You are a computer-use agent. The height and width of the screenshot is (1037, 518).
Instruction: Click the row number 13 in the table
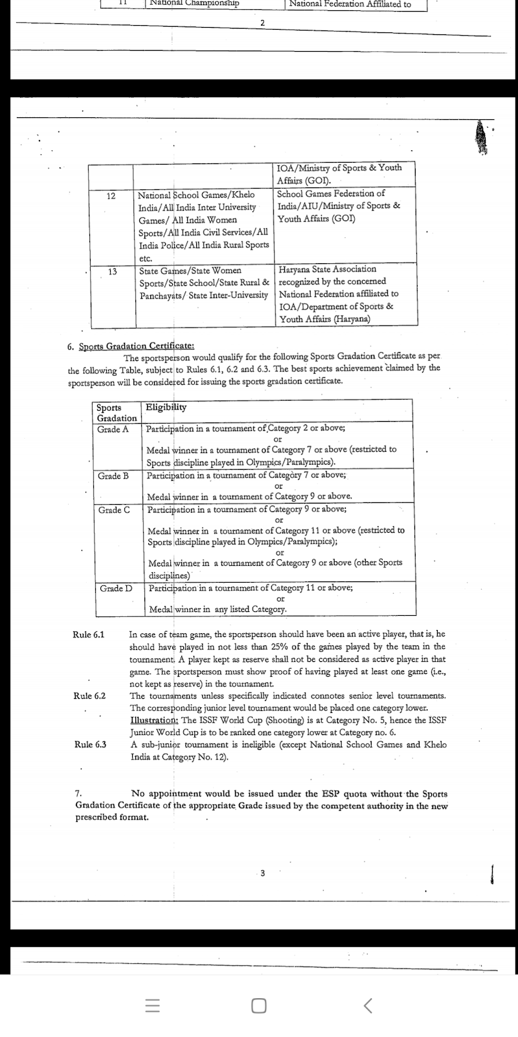point(112,272)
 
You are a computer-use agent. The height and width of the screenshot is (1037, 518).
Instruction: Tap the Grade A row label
point(113,430)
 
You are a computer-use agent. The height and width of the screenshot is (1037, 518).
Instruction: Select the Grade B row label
point(113,476)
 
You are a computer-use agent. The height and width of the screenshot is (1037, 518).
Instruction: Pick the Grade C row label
point(114,510)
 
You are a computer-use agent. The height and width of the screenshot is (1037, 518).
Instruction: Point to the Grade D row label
point(116,588)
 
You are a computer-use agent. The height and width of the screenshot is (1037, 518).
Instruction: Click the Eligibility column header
point(166,408)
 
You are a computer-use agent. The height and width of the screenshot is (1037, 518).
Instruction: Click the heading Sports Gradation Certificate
point(136,346)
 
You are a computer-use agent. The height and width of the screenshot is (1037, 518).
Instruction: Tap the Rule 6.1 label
point(89,635)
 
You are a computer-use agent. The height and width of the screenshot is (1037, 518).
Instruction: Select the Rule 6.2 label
point(90,696)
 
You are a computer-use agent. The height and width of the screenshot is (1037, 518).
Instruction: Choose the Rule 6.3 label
point(91,745)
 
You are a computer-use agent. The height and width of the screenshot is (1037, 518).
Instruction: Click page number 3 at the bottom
point(262,873)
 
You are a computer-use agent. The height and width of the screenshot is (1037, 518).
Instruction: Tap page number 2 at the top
point(262,23)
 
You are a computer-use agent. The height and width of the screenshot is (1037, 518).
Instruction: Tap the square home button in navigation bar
point(259,1005)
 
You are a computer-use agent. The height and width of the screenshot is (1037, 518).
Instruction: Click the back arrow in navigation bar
point(368,1005)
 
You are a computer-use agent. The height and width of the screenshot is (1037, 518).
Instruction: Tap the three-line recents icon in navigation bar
point(152,1005)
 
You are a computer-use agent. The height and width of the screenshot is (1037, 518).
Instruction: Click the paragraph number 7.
point(78,794)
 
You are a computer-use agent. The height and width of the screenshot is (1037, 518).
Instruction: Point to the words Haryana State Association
point(327,269)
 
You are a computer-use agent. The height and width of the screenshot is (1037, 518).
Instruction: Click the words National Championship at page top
point(194,3)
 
